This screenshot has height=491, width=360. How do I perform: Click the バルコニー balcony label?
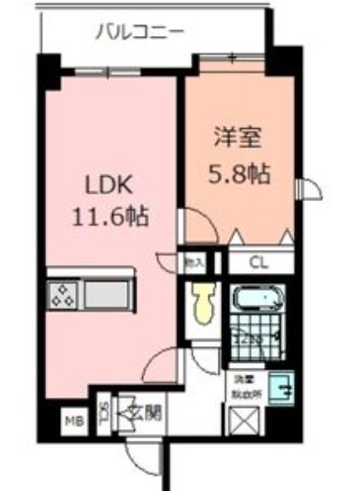tap(138, 33)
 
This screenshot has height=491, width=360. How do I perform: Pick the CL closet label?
tap(260, 262)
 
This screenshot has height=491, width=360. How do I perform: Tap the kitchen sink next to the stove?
tap(107, 296)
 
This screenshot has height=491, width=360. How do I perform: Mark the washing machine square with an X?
tap(248, 420)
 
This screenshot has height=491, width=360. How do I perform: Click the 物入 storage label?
tap(193, 262)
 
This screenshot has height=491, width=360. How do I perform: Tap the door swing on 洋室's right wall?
tap(311, 189)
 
